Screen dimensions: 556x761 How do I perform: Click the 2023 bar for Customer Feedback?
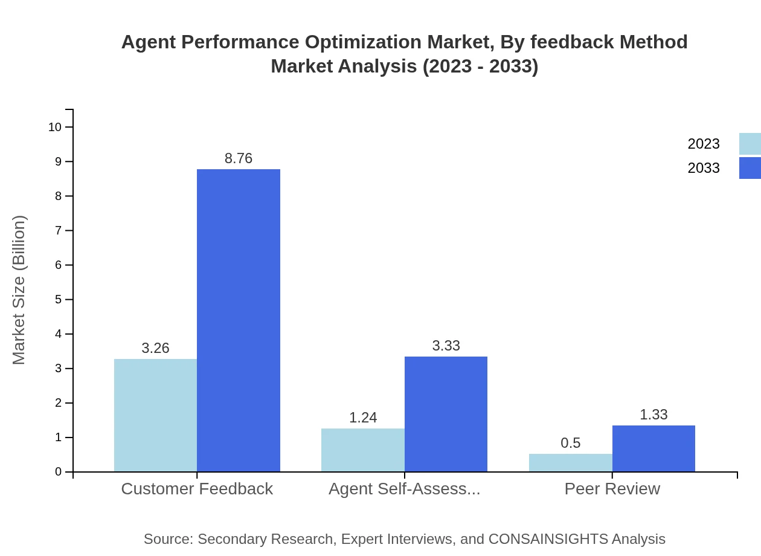pos(155,415)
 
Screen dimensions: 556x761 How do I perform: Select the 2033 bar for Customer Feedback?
pos(239,320)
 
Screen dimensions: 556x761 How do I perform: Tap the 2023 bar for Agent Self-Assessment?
pos(362,450)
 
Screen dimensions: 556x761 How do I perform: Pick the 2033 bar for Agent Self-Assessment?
pos(446,414)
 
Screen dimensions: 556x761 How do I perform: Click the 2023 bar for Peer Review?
pos(570,462)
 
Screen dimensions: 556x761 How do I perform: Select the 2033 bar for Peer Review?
pos(653,448)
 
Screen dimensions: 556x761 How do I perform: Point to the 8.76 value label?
pos(239,158)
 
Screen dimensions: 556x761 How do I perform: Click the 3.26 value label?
pos(155,348)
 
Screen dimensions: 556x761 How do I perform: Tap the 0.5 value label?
pos(570,443)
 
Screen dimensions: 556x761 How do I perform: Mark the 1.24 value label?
pos(363,418)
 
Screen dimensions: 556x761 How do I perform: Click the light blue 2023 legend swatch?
pos(750,144)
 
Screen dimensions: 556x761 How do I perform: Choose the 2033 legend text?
pos(704,168)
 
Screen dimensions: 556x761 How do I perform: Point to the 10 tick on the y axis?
pos(55,127)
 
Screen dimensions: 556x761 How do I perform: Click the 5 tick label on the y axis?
pos(59,300)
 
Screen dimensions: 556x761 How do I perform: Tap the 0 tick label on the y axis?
pos(59,472)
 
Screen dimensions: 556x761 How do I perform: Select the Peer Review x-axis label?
pos(612,488)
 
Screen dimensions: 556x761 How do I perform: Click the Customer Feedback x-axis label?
pos(197,488)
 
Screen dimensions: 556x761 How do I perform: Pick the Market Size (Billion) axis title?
pos(19,290)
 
